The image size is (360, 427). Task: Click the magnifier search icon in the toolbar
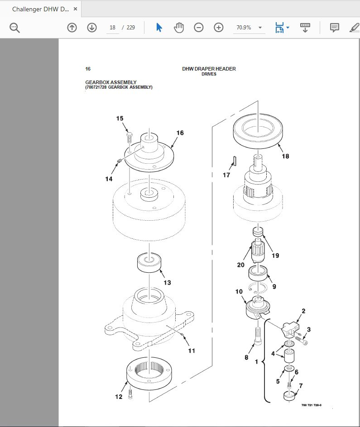point(15,28)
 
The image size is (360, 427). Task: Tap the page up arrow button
point(72,28)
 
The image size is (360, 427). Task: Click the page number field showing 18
point(113,28)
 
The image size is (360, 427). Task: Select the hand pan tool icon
point(179,28)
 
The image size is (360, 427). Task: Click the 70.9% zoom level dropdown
point(249,28)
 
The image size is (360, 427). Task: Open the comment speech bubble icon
point(335,28)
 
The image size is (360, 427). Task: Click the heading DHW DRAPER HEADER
point(209,69)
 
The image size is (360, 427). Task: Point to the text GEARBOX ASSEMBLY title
point(110,82)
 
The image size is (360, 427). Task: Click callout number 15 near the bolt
point(120,119)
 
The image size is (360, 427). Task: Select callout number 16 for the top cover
point(180,133)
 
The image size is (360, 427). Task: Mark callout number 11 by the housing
point(192,350)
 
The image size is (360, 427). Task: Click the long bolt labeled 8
point(258,337)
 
